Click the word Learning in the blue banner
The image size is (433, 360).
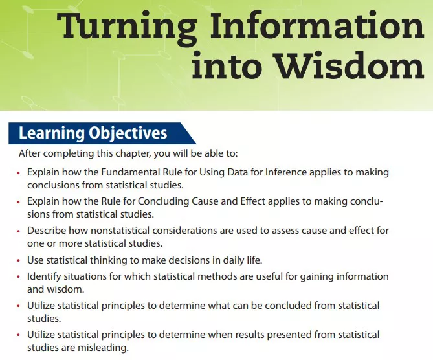tap(52, 133)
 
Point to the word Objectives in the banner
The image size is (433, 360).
tap(128, 133)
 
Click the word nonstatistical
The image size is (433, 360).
tap(120, 231)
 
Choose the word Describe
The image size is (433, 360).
tap(47, 231)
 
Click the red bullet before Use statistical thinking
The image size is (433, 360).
tap(19, 261)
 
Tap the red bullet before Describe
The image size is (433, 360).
tap(19, 231)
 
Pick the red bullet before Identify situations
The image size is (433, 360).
tap(19, 277)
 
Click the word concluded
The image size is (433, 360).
tap(288, 306)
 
